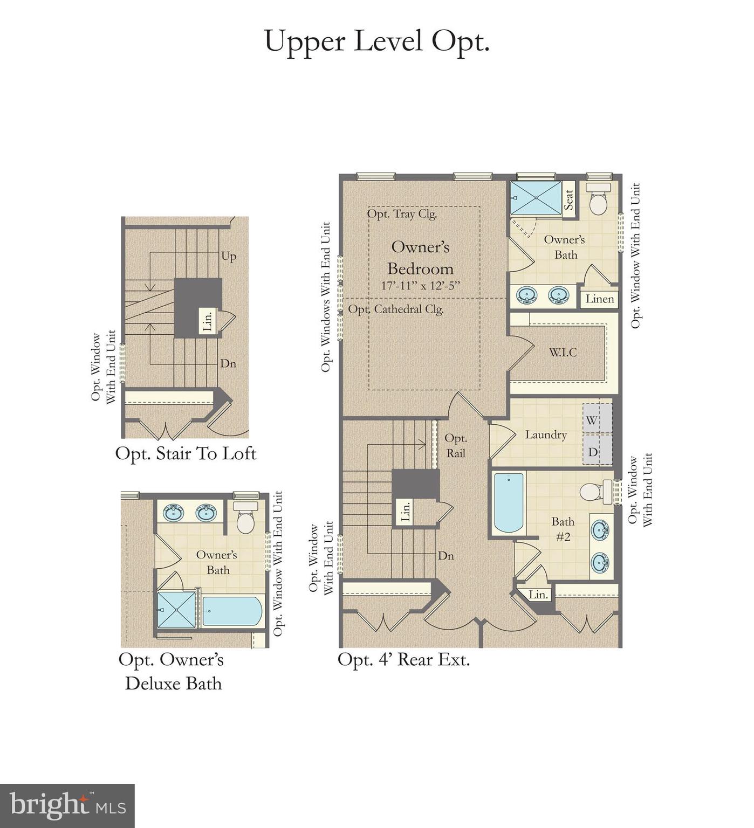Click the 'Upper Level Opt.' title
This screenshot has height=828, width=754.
(376, 42)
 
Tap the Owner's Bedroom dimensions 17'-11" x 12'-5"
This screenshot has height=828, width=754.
(420, 286)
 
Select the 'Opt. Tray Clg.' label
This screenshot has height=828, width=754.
(402, 214)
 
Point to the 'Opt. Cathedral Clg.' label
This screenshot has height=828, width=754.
(396, 309)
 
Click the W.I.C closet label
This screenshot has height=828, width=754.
(563, 353)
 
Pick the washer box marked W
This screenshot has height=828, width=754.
(597, 419)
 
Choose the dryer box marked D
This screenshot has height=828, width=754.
(597, 451)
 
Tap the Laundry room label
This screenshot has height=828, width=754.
(546, 434)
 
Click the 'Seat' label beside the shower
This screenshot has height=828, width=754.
(568, 199)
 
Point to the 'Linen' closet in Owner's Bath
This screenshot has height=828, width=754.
(600, 299)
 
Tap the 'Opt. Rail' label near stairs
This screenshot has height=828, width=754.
(456, 446)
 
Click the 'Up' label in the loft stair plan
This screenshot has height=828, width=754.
(229, 256)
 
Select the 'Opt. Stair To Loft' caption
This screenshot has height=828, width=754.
(186, 453)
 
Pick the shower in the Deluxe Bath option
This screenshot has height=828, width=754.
(177, 610)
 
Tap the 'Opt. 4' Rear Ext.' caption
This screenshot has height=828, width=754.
(403, 659)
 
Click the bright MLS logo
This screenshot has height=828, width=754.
(67, 805)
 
